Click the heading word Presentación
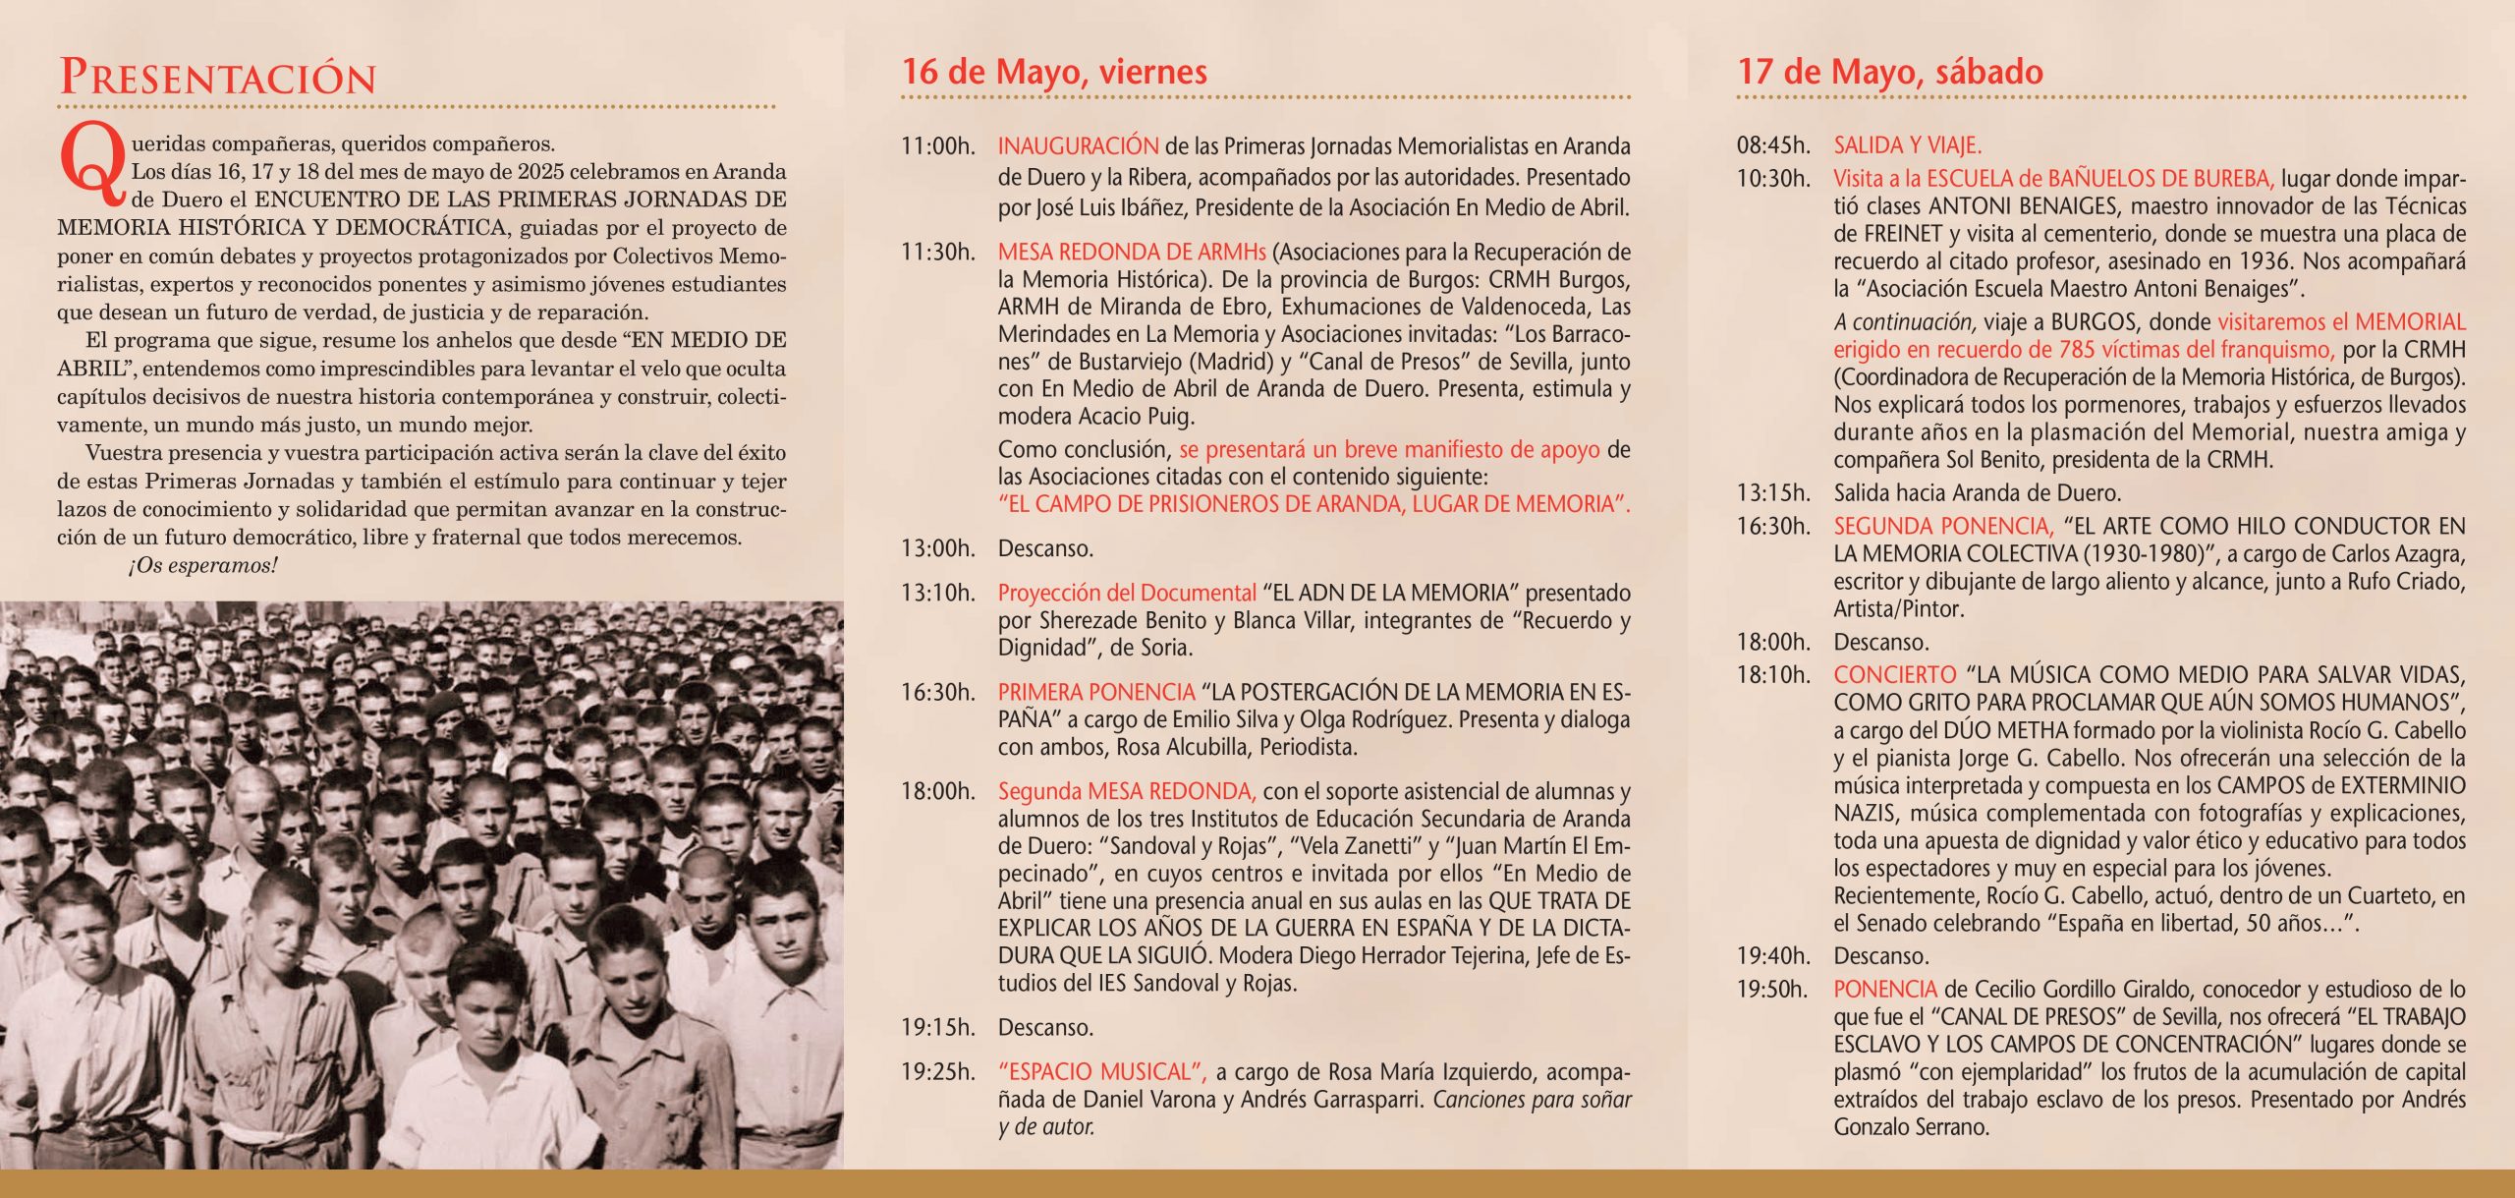tap(217, 78)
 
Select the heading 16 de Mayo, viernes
tap(1054, 72)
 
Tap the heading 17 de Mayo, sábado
tap(1890, 72)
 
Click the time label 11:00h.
tap(938, 146)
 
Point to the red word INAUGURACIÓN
tap(1078, 146)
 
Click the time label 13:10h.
tap(938, 593)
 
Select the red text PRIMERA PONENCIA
tap(1095, 692)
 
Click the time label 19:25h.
tap(938, 1071)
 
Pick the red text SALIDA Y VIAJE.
tap(1907, 145)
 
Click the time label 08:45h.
tap(1773, 145)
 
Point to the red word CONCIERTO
tap(1895, 675)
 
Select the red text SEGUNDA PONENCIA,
tap(1943, 526)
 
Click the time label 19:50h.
tap(1772, 989)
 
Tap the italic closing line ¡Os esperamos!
tap(203, 566)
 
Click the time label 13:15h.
tap(1773, 492)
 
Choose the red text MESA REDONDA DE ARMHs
tap(1132, 252)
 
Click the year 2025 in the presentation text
tap(540, 172)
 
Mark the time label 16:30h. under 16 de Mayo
tap(938, 692)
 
